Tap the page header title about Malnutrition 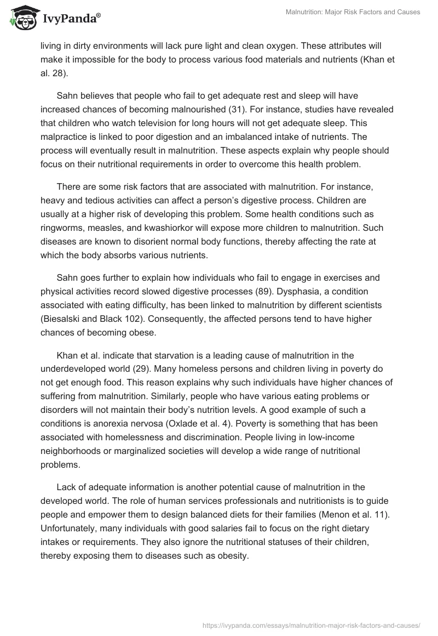tap(353, 12)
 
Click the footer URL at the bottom tap(311, 624)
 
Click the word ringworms tap(63, 213)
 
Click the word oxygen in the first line tap(281, 46)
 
